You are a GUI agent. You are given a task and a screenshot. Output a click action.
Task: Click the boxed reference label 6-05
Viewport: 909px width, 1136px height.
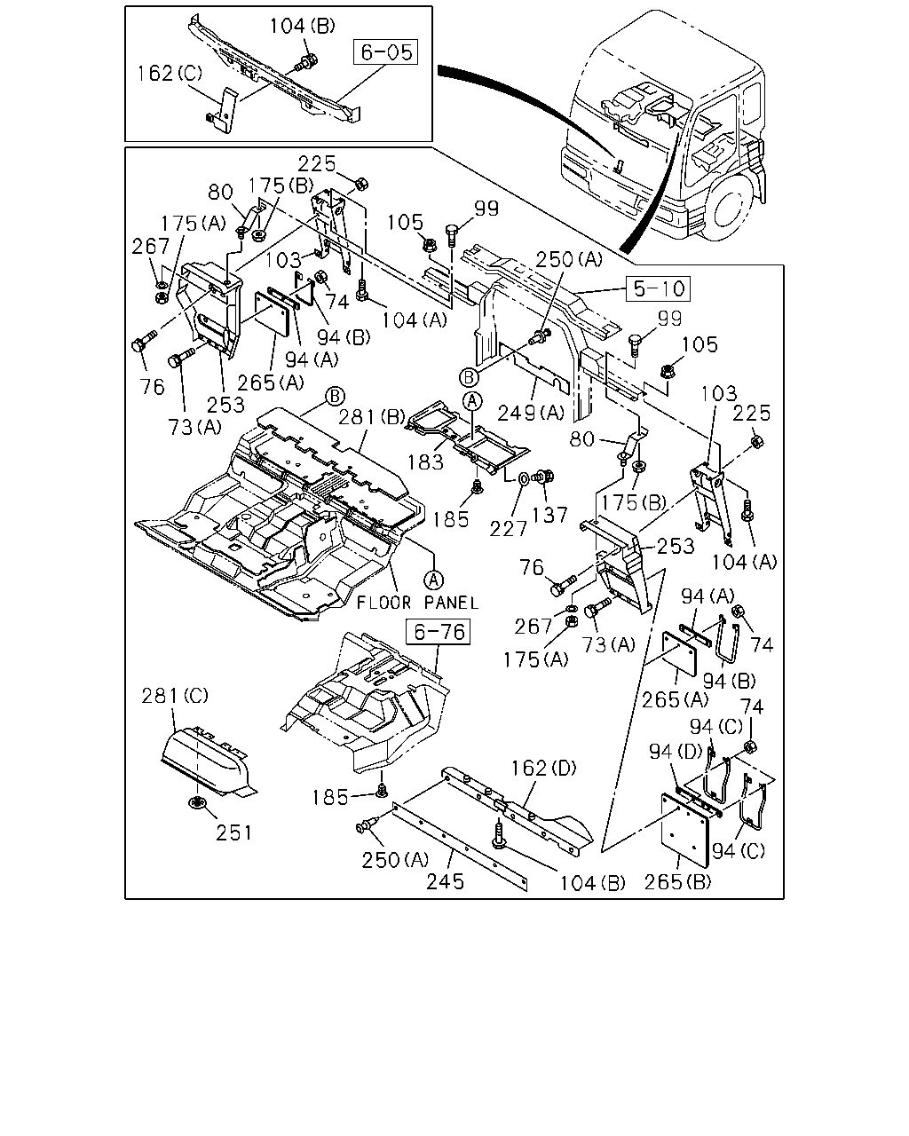(385, 52)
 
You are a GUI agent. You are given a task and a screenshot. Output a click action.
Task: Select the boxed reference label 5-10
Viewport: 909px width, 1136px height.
(658, 288)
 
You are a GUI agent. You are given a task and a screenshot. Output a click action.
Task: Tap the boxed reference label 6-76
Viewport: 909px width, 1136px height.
(438, 631)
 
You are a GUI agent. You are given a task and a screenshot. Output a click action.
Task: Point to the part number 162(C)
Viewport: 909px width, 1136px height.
(170, 74)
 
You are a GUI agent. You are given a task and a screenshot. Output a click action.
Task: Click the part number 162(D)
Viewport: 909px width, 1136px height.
(543, 768)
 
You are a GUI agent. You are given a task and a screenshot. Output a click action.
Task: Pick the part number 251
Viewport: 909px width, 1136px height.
(234, 833)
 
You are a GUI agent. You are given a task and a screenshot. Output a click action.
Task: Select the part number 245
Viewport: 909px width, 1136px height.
(446, 881)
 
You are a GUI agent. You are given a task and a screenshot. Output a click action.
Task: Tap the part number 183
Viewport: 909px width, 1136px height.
(425, 462)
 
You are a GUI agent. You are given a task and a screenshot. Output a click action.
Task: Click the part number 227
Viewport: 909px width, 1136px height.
(508, 528)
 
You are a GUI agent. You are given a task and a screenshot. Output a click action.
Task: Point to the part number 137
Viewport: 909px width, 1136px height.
(549, 515)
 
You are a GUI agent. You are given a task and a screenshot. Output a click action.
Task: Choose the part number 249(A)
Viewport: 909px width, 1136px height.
(531, 413)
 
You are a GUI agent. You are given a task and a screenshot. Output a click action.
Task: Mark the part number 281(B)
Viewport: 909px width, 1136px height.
(372, 417)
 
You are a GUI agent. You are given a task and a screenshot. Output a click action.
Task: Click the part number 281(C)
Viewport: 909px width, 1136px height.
(175, 696)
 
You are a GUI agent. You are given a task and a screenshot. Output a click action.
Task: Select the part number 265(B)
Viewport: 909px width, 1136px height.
(677, 882)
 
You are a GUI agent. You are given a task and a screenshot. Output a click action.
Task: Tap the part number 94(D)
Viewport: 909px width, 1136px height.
(676, 752)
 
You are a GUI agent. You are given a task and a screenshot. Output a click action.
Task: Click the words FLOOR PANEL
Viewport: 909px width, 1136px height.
(417, 603)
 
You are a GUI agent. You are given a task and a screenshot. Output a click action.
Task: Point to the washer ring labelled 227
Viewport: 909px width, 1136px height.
(524, 478)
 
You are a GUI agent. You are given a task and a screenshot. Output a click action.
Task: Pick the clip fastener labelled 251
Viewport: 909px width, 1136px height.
(197, 802)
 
